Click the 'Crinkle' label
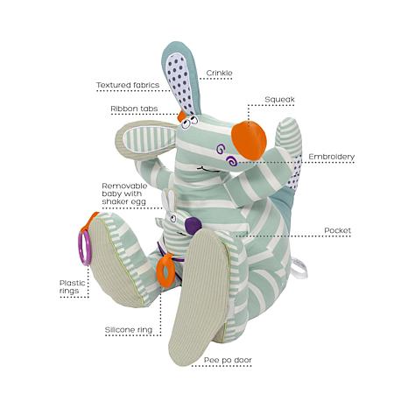tap(219, 73)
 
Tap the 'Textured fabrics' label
tap(128, 85)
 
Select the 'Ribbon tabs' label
tap(134, 109)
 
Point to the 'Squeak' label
tap(279, 100)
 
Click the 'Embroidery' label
tap(332, 157)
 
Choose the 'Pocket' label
tap(337, 230)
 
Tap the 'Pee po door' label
tap(228, 360)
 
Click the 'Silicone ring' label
tap(129, 330)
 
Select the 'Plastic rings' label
tap(73, 287)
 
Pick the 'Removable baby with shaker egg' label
tap(124, 193)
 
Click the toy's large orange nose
tap(249, 140)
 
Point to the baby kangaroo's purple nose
tap(193, 226)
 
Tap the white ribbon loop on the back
tap(299, 269)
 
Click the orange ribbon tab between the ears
tap(181, 116)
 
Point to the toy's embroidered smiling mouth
tap(209, 169)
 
